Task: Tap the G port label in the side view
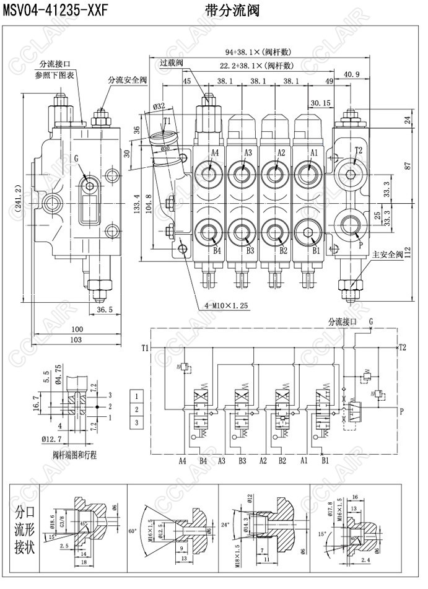pos(76,159)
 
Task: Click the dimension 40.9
pos(352,74)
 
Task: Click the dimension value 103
pos(76,340)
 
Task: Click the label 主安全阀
pos(388,255)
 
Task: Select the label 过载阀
pos(171,63)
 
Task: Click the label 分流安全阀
pos(127,80)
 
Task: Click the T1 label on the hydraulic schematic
pos(145,348)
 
